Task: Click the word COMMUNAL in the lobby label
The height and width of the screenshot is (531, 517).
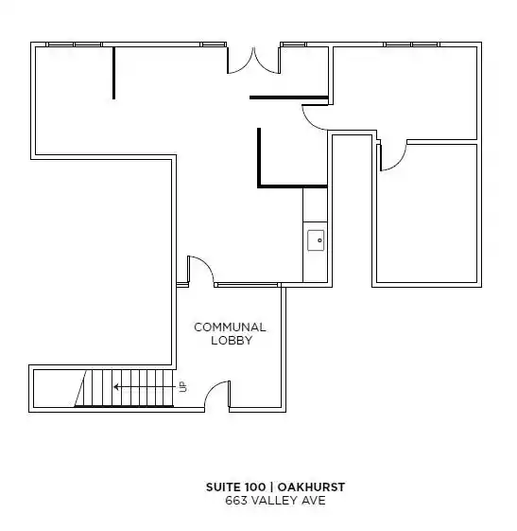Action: [x=230, y=327]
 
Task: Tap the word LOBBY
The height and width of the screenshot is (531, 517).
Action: [x=232, y=341]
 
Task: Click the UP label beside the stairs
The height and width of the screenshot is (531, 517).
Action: [x=183, y=387]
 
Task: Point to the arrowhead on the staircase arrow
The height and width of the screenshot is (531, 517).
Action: [x=116, y=387]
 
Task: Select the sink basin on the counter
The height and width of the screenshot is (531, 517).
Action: [x=316, y=240]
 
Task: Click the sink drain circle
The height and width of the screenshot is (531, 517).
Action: [x=319, y=240]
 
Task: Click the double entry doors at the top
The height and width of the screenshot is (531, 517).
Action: [x=253, y=61]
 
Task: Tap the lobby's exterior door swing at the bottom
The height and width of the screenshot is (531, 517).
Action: [x=217, y=394]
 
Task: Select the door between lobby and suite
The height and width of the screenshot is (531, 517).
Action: [x=201, y=269]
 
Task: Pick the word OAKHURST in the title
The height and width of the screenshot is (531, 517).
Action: [x=311, y=487]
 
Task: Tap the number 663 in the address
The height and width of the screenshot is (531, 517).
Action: [x=235, y=501]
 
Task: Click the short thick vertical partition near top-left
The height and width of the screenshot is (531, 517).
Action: [x=114, y=73]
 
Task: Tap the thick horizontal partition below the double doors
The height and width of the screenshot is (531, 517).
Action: [x=289, y=97]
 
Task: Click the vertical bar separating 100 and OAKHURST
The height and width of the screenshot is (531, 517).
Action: [x=271, y=487]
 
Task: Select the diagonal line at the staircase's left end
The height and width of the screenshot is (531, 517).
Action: [x=80, y=388]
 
